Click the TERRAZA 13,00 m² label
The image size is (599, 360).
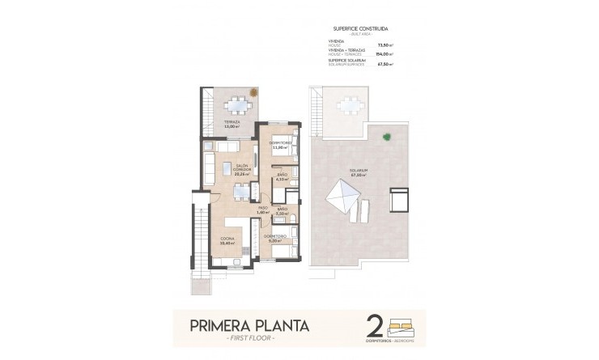[232, 125]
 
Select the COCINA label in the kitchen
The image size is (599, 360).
[227, 240]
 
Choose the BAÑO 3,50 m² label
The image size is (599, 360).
[283, 213]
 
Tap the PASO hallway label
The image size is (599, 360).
[263, 209]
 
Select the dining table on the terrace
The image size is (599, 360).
[237, 104]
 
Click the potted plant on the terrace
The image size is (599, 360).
[254, 92]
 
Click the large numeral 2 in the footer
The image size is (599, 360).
[375, 324]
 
